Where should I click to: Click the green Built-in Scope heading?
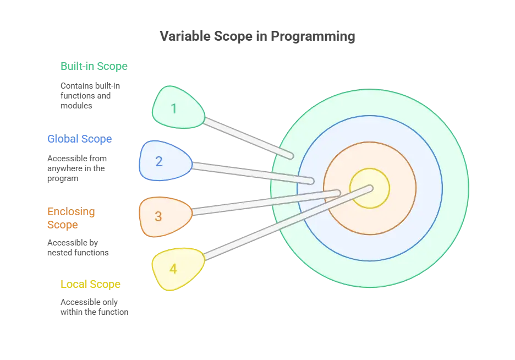tap(92, 66)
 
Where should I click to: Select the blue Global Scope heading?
tap(79, 139)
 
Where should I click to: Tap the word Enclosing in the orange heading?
tap(70, 212)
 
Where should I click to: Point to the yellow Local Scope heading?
tap(90, 285)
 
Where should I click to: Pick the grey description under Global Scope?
tap(76, 167)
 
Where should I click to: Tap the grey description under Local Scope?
tap(94, 307)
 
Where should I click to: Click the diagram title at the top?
tap(257, 37)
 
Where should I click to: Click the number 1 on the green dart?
tap(174, 108)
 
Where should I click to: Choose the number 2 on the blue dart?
tap(159, 161)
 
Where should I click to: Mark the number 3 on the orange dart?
tap(158, 216)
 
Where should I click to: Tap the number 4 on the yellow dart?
tap(173, 269)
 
